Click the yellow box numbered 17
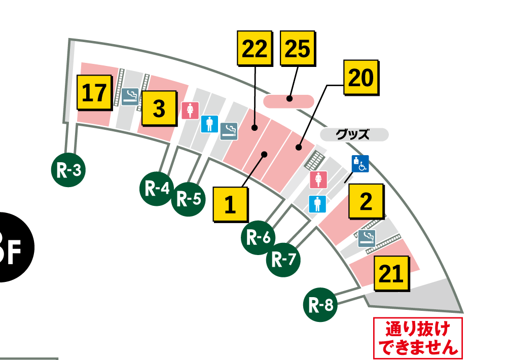tap(94, 93)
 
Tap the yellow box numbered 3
tap(159, 109)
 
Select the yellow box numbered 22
tap(255, 49)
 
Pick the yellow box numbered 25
tap(298, 49)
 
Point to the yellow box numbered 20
tap(361, 78)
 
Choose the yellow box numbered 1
tap(231, 204)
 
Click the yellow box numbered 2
tap(366, 202)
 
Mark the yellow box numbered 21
tap(391, 274)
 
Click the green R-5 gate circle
tap(189, 199)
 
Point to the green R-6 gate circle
tap(258, 237)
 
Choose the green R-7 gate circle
tap(283, 260)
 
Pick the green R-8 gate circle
tap(321, 305)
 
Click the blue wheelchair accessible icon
tap(360, 163)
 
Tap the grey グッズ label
tap(354, 135)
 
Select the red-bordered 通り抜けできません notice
tap(417, 338)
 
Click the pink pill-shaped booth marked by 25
tap(288, 101)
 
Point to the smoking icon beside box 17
tap(130, 96)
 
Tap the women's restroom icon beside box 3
tap(190, 110)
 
